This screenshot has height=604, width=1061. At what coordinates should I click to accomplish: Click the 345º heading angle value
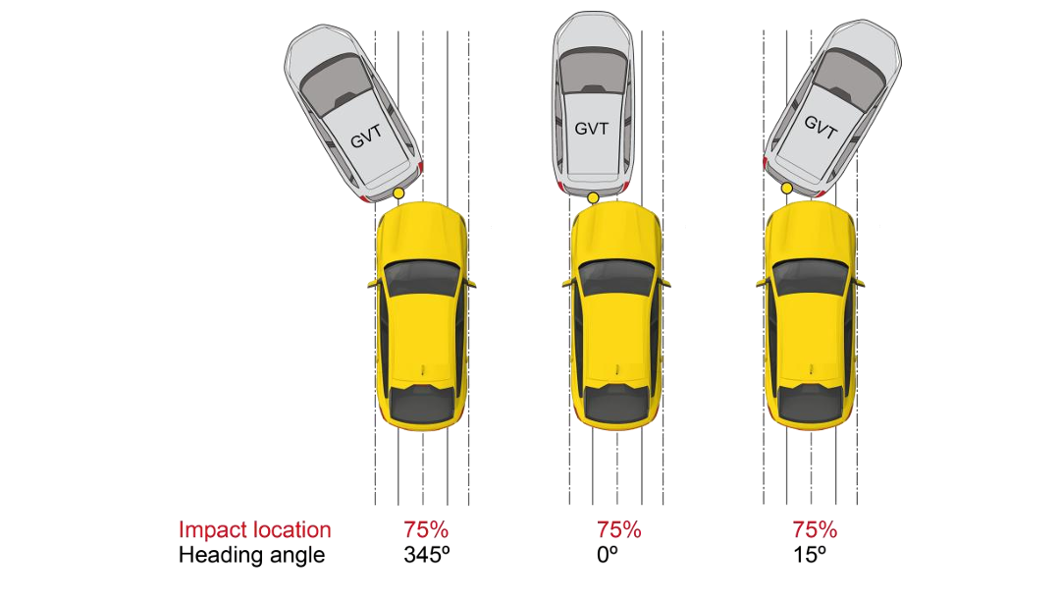pos(427,555)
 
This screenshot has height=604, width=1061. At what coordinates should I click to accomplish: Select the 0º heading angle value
pos(608,555)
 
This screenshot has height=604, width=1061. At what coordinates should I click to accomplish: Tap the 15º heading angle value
pos(810,555)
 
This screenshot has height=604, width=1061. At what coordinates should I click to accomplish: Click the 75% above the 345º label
pos(426,529)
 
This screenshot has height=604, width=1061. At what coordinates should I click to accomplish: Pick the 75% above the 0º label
pos(619,529)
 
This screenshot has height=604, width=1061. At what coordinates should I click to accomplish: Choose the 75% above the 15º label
pos(815,529)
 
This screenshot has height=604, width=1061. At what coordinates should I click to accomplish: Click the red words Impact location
pos(255,530)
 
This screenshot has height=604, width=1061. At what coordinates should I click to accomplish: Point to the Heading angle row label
pos(251,555)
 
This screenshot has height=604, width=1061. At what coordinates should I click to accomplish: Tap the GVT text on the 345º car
pos(366,137)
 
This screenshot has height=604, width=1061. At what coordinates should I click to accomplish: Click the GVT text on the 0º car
pos(592,128)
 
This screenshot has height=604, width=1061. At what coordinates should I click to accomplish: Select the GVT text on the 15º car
pos(821,127)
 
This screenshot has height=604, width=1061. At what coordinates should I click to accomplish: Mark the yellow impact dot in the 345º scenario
pos(398,193)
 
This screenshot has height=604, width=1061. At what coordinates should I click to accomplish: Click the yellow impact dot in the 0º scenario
pos(593,197)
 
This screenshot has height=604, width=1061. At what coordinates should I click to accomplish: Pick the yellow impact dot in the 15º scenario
pos(787,189)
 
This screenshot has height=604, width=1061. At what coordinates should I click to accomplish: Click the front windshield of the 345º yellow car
pos(422,278)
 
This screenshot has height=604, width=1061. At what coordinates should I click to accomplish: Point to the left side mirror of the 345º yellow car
pos(372,283)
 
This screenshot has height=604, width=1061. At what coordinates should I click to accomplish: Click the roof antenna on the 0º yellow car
pos(617,369)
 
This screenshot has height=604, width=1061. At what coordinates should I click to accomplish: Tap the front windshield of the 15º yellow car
pos(810,278)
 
